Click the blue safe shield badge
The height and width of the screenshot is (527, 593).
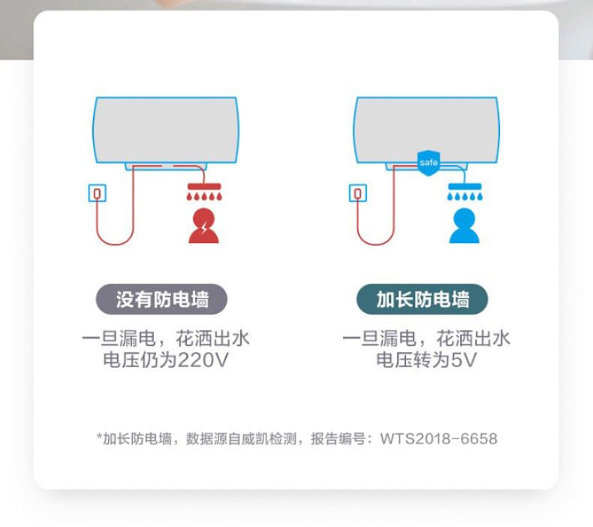pyautogui.click(x=429, y=163)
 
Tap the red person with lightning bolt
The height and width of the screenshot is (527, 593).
pyautogui.click(x=203, y=226)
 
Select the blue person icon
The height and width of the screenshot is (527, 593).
pyautogui.click(x=464, y=226)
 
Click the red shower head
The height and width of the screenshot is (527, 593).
pyautogui.click(x=204, y=186)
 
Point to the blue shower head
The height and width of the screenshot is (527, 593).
pyautogui.click(x=465, y=186)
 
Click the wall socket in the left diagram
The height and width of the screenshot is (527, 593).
pyautogui.click(x=97, y=193)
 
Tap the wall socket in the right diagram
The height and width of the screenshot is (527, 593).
pyautogui.click(x=358, y=193)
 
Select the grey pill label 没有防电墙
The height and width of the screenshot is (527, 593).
pyautogui.click(x=162, y=299)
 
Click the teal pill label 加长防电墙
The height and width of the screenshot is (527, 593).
pyautogui.click(x=423, y=299)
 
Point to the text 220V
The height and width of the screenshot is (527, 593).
pyautogui.click(x=203, y=360)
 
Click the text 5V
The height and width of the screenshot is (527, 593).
pyautogui.click(x=464, y=360)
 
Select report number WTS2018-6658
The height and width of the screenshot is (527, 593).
pyautogui.click(x=438, y=439)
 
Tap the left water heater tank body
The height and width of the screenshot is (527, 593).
pyautogui.click(x=166, y=130)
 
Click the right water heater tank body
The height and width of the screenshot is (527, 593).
pyautogui.click(x=426, y=130)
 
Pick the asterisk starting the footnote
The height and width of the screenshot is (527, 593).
pyautogui.click(x=100, y=437)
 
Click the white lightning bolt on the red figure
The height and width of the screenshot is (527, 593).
pyautogui.click(x=204, y=228)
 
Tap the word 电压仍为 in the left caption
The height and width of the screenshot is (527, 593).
pyautogui.click(x=140, y=360)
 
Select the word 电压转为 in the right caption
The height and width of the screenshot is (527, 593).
pyautogui.click(x=414, y=360)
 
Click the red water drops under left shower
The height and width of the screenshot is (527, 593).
pyautogui.click(x=204, y=197)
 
